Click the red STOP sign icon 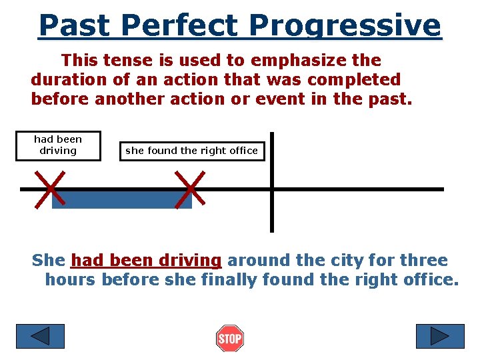click(230, 339)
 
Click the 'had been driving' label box click(58, 145)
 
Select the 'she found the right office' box click(191, 151)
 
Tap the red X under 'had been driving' click(50, 189)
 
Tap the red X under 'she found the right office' click(189, 189)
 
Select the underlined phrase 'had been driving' click(146, 260)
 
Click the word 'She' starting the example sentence click(49, 260)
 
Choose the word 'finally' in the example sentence click(225, 280)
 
